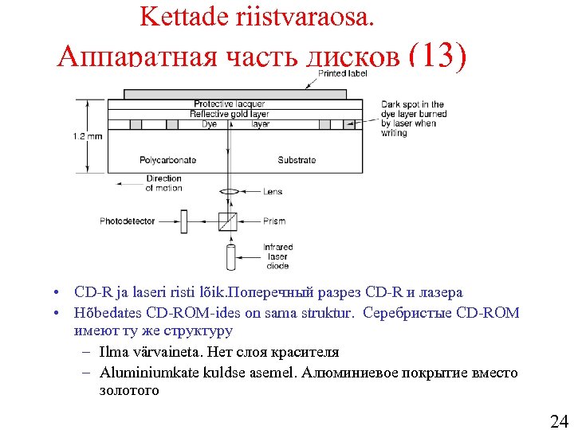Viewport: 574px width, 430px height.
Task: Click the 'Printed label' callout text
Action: (x=343, y=73)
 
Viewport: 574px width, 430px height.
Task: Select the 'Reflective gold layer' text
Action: (x=230, y=114)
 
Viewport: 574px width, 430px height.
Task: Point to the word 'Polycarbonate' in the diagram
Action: (x=167, y=160)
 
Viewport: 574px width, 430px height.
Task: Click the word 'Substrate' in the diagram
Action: (x=297, y=160)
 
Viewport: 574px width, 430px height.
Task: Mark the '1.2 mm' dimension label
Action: (x=88, y=136)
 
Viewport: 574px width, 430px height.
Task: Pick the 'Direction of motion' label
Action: (x=163, y=183)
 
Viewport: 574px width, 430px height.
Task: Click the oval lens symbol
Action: (x=230, y=192)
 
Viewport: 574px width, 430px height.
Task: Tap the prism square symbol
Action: (x=228, y=221)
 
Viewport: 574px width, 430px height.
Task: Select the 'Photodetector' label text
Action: (x=128, y=221)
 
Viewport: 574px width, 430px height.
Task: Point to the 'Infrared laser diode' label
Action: (x=277, y=256)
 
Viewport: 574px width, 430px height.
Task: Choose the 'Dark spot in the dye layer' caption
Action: (x=413, y=119)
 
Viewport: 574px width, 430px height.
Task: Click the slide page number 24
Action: (x=559, y=420)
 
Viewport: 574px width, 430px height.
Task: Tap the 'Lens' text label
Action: (x=273, y=192)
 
